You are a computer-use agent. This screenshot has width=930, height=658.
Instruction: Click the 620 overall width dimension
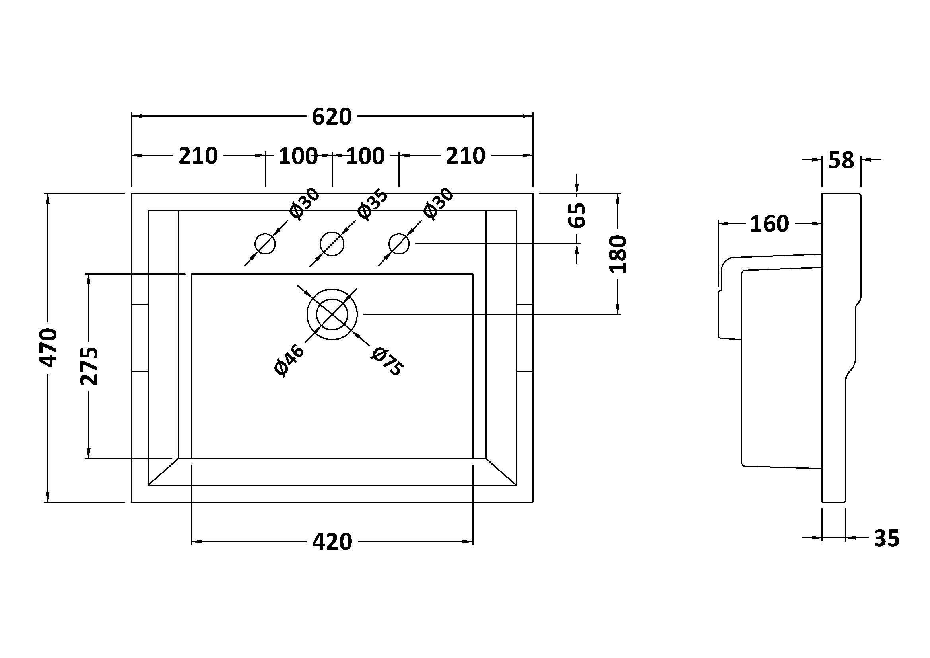click(332, 117)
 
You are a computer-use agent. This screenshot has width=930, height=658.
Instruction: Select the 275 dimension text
click(89, 366)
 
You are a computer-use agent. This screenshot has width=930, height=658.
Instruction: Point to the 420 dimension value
click(332, 542)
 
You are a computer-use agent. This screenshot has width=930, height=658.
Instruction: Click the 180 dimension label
click(618, 254)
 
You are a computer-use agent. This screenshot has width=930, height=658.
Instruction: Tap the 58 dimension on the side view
click(841, 160)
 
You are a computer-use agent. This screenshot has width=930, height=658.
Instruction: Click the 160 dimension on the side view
click(769, 224)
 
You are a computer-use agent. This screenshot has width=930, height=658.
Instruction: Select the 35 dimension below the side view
click(886, 539)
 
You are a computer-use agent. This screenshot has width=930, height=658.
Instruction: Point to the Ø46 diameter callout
click(289, 360)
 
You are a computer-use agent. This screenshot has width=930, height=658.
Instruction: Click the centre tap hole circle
click(332, 244)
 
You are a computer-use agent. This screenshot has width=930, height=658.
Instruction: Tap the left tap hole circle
click(265, 244)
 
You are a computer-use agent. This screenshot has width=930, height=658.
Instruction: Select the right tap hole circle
click(399, 244)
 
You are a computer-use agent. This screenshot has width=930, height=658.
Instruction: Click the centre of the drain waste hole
click(332, 314)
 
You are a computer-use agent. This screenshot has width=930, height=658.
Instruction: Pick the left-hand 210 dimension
click(198, 156)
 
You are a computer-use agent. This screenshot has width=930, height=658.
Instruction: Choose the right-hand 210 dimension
click(466, 156)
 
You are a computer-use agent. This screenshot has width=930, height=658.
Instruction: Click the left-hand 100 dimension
click(298, 156)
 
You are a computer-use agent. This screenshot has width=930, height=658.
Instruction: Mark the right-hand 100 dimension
click(365, 156)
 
